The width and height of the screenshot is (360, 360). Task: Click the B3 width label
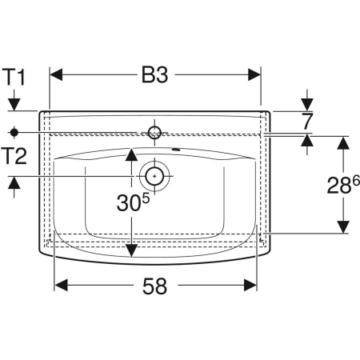click(x=154, y=75)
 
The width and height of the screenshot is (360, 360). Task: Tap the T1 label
click(x=14, y=77)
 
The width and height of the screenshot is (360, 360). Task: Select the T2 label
click(x=14, y=156)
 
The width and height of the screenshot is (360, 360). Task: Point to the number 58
click(x=154, y=286)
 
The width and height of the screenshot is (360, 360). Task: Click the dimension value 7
click(x=307, y=122)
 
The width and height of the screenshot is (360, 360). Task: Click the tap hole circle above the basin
click(x=154, y=133)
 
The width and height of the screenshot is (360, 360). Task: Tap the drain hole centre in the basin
click(x=154, y=176)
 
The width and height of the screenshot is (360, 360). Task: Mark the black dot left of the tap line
click(x=14, y=132)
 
